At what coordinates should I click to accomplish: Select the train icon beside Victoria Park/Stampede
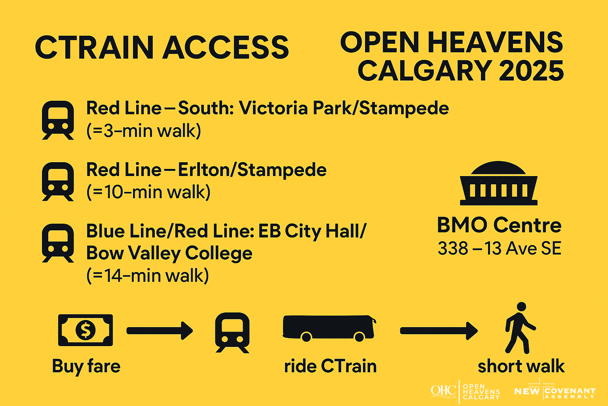(x=58, y=120)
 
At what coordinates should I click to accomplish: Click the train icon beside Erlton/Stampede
(x=58, y=182)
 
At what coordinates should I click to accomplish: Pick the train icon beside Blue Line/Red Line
(x=58, y=243)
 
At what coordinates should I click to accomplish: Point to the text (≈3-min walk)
(x=144, y=131)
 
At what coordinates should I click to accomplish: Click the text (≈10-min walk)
(x=148, y=192)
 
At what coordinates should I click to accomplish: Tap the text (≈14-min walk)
(x=148, y=275)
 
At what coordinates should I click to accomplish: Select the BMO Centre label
(x=499, y=225)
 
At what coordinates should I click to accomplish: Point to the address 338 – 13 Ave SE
(x=500, y=248)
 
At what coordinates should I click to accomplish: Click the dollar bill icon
(x=85, y=330)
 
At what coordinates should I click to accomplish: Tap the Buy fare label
(x=86, y=366)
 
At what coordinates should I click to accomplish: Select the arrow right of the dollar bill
(x=160, y=331)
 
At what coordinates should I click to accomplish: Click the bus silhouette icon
(x=329, y=328)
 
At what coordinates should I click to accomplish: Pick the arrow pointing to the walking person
(x=439, y=331)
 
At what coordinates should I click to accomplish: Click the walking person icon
(x=520, y=328)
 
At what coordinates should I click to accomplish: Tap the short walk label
(x=521, y=366)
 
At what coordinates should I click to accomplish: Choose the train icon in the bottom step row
(x=232, y=333)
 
